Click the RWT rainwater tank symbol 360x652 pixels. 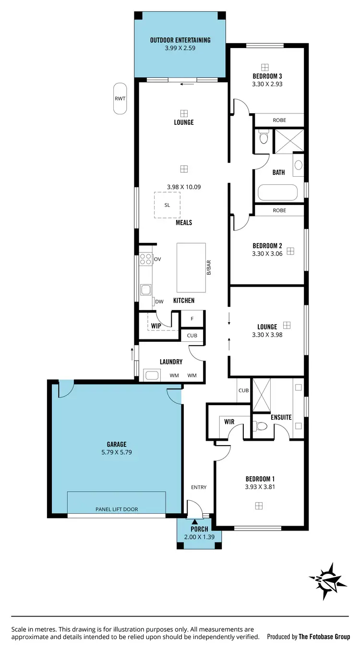tap(120, 98)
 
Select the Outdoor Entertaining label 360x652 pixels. tap(180, 40)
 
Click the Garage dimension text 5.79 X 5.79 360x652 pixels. tap(117, 452)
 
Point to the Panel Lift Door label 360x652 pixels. tap(117, 509)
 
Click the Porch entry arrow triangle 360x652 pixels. tap(194, 522)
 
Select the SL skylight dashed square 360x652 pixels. tap(167, 205)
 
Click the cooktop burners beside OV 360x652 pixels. tap(145, 260)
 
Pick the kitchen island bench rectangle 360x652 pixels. tap(191, 267)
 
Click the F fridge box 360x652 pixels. tap(192, 319)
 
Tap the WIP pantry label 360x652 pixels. tap(156, 326)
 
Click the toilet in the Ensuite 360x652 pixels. tap(261, 426)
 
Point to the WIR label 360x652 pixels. tap(229, 422)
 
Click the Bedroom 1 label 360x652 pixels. tap(260, 479)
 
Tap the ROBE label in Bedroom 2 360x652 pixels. tap(279, 210)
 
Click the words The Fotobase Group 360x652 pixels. tap(324, 637)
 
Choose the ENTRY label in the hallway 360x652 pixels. tap(199, 487)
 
